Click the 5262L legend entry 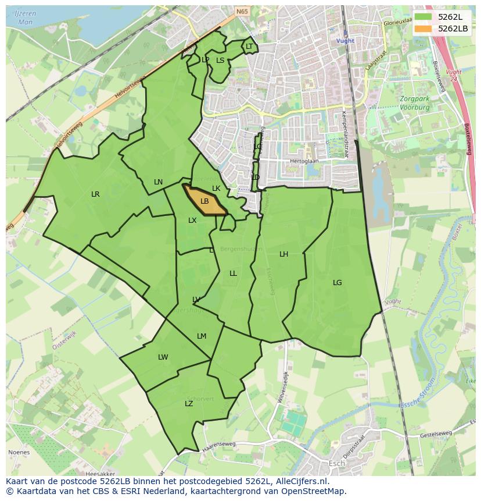[x=442, y=16]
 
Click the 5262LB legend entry [x=442, y=28]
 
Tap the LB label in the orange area [x=204, y=201]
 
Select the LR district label [x=95, y=194]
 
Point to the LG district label [x=338, y=283]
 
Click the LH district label [x=283, y=254]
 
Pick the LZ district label [x=189, y=404]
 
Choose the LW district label [x=163, y=357]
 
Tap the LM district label [x=202, y=336]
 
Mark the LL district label [x=233, y=273]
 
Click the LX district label [x=192, y=221]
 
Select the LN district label [x=158, y=182]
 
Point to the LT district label [x=249, y=47]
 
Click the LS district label [x=220, y=60]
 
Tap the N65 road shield [x=242, y=10]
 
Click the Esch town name [x=336, y=464]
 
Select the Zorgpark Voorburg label [x=414, y=103]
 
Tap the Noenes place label [x=18, y=452]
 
